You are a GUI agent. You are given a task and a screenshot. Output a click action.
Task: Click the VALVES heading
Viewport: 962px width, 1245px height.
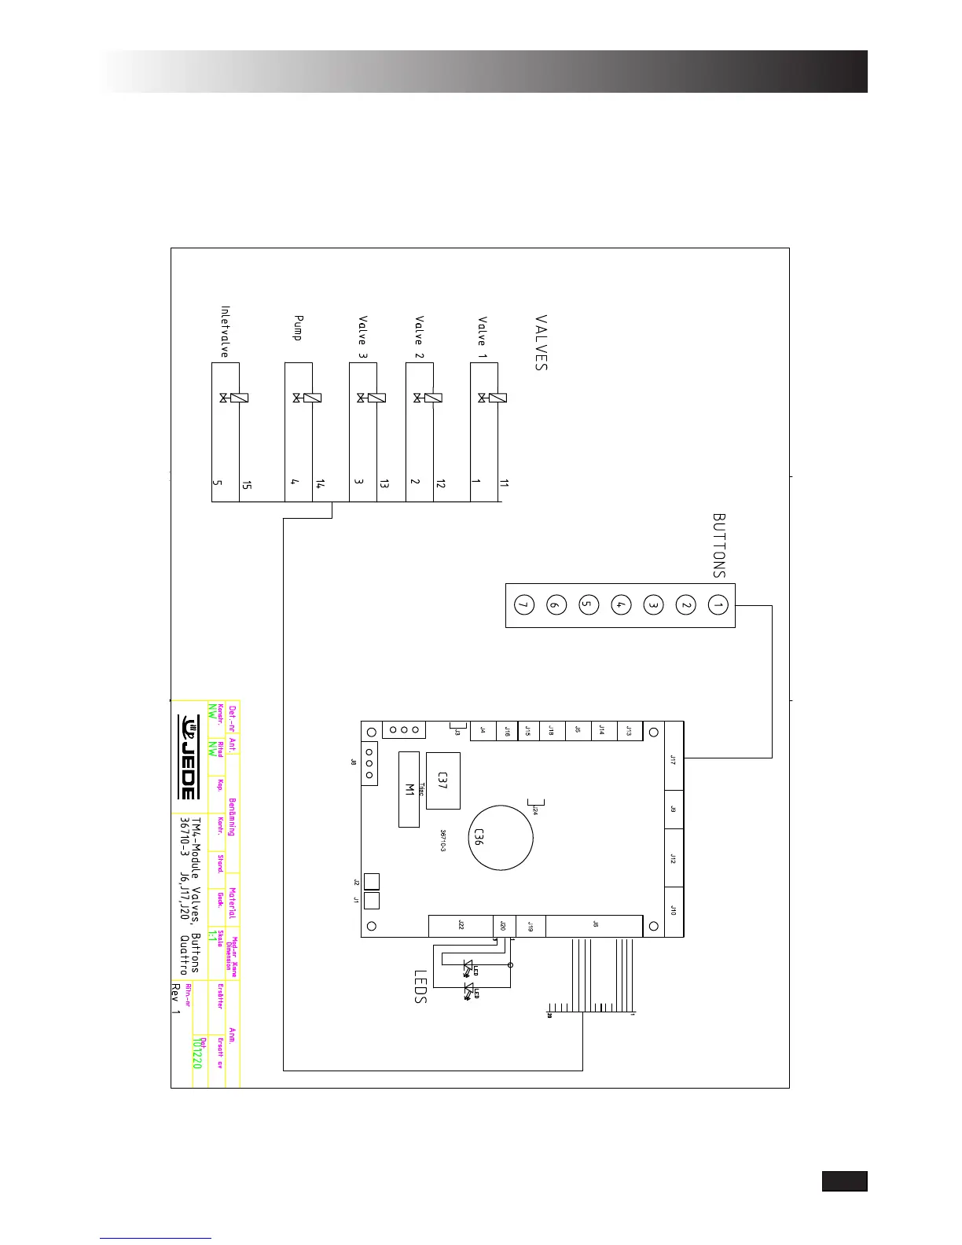[541, 343]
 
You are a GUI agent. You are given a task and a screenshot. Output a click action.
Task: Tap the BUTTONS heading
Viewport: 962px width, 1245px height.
[718, 545]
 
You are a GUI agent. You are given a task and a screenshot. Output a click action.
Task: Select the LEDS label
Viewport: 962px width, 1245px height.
[420, 986]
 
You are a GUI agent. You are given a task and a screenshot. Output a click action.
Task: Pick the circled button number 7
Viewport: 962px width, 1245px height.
[523, 605]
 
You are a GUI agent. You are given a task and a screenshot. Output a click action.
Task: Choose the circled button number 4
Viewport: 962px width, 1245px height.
[620, 605]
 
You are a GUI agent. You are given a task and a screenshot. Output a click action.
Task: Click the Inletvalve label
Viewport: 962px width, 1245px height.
[225, 332]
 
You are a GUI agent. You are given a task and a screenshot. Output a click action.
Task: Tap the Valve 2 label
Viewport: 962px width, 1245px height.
[420, 331]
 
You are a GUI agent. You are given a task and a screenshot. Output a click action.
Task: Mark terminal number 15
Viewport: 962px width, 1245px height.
[247, 485]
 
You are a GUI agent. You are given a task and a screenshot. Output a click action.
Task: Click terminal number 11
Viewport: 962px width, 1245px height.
[504, 484]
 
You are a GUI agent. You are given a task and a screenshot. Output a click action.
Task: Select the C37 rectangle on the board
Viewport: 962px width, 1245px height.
[443, 780]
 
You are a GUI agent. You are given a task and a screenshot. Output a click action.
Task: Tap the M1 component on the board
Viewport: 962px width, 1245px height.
[409, 789]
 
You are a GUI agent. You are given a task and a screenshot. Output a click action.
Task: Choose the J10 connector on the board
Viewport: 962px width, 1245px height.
[674, 910]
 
